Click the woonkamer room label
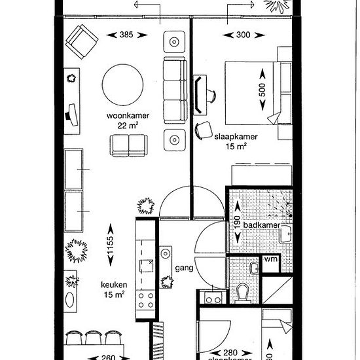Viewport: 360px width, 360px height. coord(128,115)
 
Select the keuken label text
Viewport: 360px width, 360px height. coord(113,285)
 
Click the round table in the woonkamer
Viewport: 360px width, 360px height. coord(123,83)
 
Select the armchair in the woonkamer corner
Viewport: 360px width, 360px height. coord(82,41)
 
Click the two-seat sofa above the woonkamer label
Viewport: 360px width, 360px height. coord(128,144)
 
